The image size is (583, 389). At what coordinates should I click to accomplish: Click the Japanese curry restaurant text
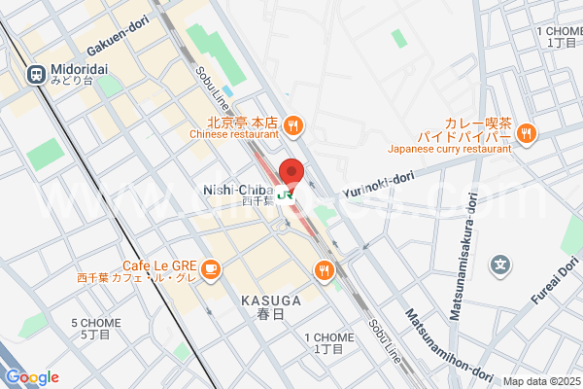point(449,149)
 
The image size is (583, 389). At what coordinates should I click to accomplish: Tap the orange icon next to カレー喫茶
point(526,133)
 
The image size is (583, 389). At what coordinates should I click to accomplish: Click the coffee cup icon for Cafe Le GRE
point(212,268)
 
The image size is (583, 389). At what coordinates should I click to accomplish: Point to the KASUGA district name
point(269,301)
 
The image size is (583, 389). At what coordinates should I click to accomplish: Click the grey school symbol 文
point(500,263)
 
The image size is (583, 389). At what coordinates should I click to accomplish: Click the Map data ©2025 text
point(540,381)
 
